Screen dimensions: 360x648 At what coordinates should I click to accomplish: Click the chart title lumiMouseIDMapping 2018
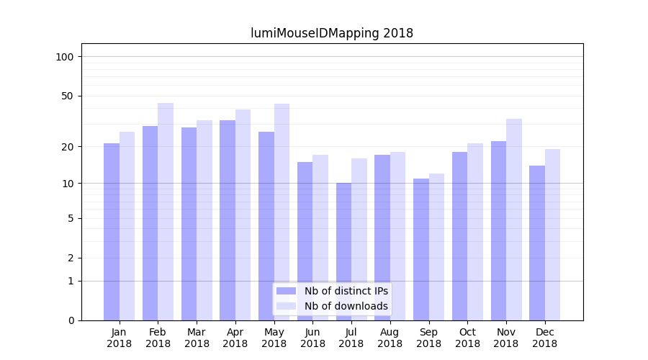pyautogui.click(x=332, y=33)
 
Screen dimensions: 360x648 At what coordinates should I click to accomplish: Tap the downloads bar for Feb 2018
pyautogui.click(x=166, y=212)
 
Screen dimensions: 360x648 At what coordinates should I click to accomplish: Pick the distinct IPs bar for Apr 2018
pyautogui.click(x=228, y=220)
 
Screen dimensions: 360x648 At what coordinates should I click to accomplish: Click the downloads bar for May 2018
pyautogui.click(x=282, y=212)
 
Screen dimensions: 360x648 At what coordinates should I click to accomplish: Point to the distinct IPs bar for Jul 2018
pyautogui.click(x=343, y=251)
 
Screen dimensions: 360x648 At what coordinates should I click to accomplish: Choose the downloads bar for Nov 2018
pyautogui.click(x=513, y=220)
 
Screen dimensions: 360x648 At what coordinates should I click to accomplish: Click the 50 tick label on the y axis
pyautogui.click(x=68, y=96)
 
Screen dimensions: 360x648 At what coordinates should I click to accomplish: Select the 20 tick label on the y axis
pyautogui.click(x=68, y=147)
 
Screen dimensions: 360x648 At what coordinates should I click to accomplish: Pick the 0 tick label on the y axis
pyautogui.click(x=71, y=320)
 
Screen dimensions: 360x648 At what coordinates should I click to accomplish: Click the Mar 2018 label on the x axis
pyautogui.click(x=197, y=338)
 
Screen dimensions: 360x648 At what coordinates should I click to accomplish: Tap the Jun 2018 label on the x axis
pyautogui.click(x=312, y=338)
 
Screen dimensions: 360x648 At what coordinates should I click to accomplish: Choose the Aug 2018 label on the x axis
pyautogui.click(x=390, y=338)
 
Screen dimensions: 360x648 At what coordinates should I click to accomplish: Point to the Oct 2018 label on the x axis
pyautogui.click(x=467, y=338)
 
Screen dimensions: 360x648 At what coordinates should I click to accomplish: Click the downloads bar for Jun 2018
pyautogui.click(x=320, y=238)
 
